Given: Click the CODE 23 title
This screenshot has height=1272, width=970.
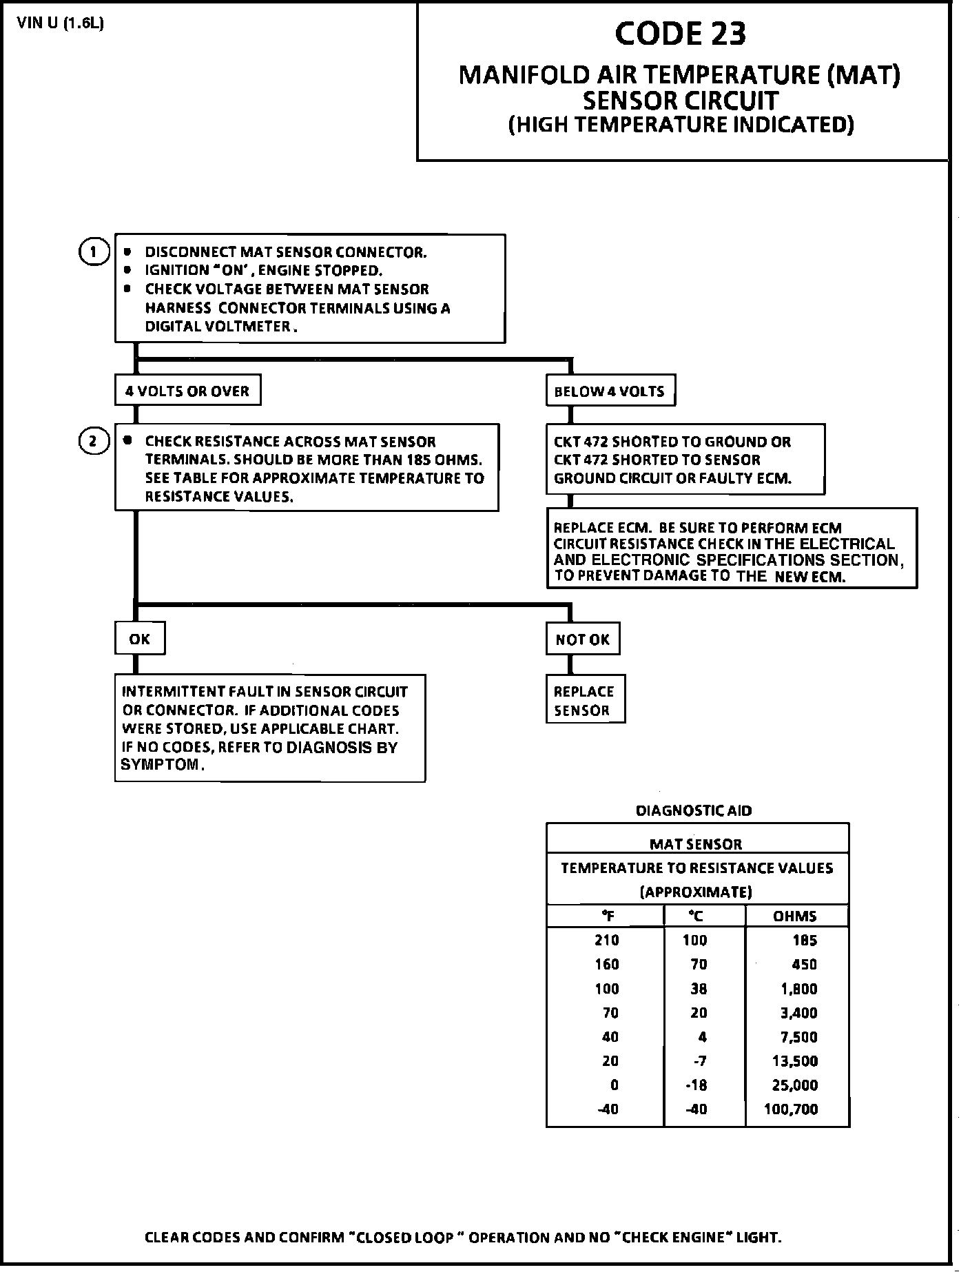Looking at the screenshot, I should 680,34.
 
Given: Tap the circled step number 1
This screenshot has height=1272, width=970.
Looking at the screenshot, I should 94,252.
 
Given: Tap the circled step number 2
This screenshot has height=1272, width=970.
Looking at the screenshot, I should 94,441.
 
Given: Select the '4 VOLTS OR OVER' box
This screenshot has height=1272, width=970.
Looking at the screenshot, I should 187,391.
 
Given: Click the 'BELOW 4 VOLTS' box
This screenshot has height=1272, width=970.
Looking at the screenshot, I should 610,391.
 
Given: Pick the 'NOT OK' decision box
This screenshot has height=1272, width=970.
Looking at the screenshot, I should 583,639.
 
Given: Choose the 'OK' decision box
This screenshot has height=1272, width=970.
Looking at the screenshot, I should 140,639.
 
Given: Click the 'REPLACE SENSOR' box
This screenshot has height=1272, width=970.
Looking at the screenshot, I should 585,699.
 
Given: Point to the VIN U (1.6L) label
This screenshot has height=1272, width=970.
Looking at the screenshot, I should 61,23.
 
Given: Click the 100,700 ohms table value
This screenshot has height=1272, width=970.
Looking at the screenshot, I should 791,1109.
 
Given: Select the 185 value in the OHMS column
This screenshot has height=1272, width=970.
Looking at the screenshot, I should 805,940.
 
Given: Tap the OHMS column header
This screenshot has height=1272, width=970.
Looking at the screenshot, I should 795,916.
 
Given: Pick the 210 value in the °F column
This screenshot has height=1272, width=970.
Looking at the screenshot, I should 607,940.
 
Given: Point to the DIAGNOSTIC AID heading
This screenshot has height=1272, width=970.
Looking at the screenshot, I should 694,811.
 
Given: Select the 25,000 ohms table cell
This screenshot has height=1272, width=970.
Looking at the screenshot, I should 795,1085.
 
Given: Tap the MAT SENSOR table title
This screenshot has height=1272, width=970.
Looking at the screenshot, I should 696,844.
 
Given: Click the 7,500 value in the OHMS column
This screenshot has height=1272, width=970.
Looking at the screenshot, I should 799,1036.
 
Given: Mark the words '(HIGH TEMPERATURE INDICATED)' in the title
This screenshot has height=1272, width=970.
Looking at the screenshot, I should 681,125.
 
